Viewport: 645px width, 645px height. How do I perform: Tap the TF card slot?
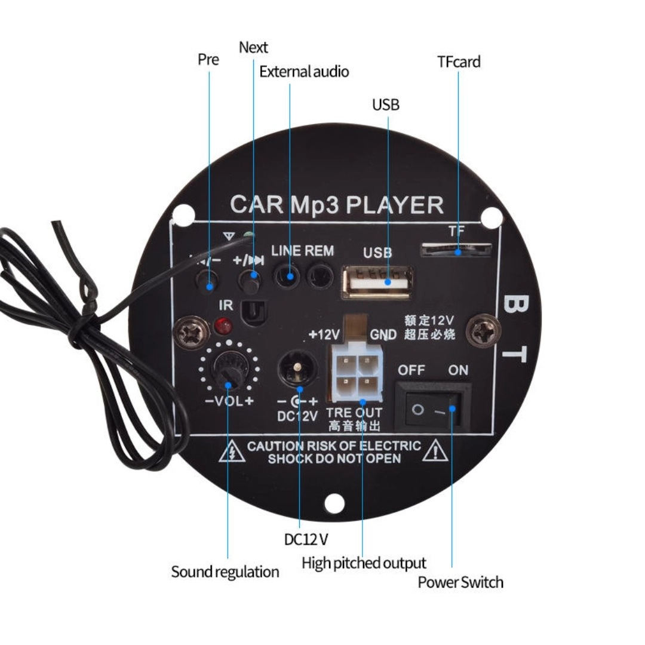coord(457,250)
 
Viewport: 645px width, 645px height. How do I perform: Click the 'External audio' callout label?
coord(304,72)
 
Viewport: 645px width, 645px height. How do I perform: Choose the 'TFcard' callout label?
coord(459,62)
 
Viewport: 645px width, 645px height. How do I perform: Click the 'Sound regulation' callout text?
coord(225,572)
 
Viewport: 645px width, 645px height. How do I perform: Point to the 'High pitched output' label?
coord(364,563)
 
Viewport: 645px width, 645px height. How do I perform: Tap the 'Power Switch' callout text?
coord(460,582)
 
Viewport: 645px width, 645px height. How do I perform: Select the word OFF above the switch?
coord(411,370)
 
